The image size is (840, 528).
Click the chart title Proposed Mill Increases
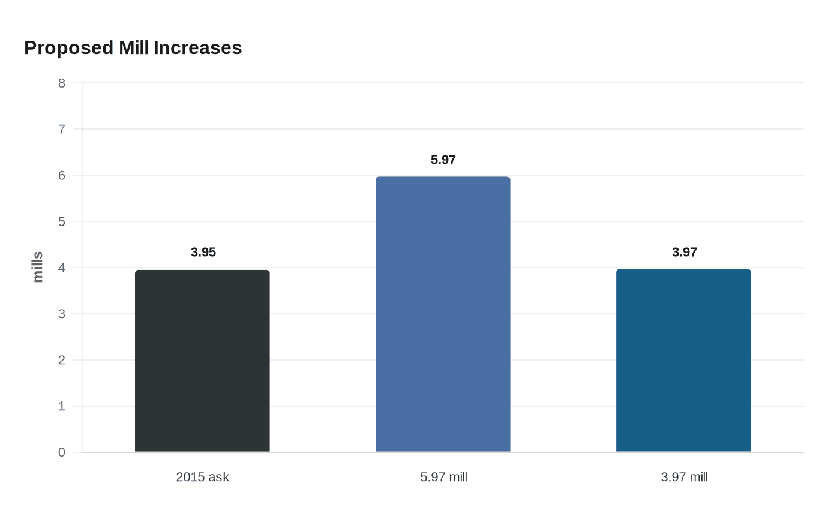(x=133, y=47)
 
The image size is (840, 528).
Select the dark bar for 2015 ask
(x=202, y=361)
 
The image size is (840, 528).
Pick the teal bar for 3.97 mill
(x=683, y=361)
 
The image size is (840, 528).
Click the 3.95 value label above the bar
(x=203, y=252)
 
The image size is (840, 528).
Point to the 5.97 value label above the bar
(x=443, y=160)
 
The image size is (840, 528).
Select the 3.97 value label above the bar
(x=684, y=252)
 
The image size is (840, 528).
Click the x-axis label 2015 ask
(x=202, y=477)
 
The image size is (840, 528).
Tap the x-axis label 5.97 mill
(x=443, y=477)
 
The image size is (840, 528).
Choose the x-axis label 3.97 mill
(x=684, y=477)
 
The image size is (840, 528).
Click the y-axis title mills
(x=38, y=267)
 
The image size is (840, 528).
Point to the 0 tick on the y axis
(x=62, y=452)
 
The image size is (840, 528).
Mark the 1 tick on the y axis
(x=62, y=406)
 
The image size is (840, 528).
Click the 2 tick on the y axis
(x=62, y=360)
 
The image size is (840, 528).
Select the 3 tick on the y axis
(x=62, y=314)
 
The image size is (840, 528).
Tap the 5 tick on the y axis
(x=62, y=221)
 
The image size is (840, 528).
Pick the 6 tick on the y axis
(x=62, y=175)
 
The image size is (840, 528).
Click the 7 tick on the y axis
(x=62, y=129)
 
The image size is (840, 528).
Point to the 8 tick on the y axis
(x=62, y=83)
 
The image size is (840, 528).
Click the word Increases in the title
(x=197, y=47)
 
